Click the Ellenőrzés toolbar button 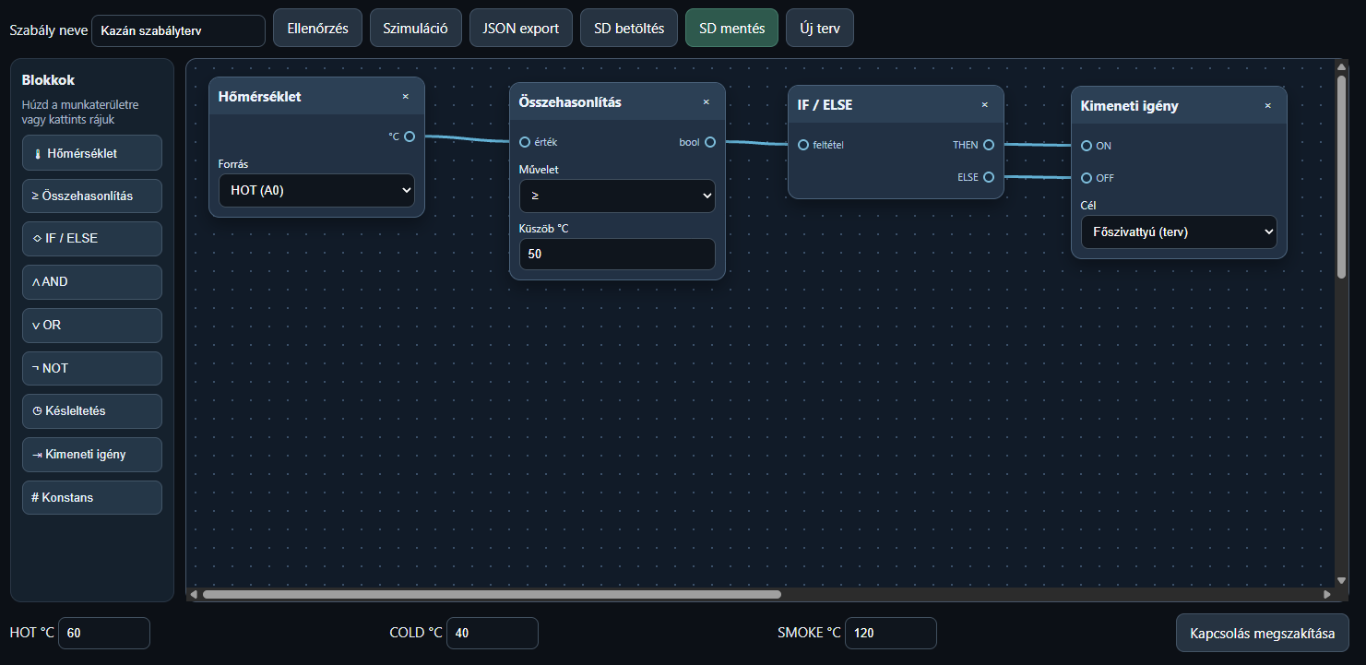coord(317,28)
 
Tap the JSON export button coord(521,28)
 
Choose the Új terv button coord(820,28)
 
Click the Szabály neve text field coord(178,30)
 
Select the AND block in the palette coord(92,281)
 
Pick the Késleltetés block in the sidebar coord(92,410)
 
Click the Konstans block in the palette coord(92,497)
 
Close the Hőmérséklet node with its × coord(406,96)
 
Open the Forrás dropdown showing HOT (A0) coord(316,190)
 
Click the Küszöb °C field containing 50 coord(617,254)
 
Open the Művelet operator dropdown coord(617,196)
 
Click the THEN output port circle coord(989,145)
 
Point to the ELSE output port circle coord(989,177)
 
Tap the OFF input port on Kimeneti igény coord(1087,178)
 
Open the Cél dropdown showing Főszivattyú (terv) coord(1179,232)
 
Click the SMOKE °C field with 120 coord(890,633)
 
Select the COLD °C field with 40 coord(493,633)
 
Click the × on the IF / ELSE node coord(984,105)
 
